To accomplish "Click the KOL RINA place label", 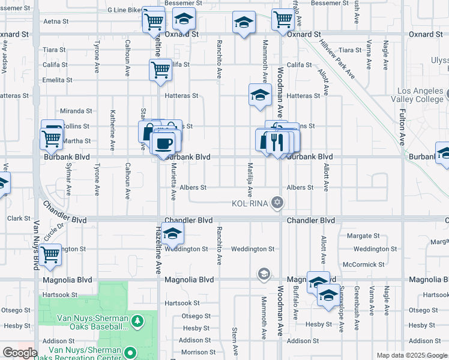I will coord(249,203).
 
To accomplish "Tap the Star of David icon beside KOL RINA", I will coord(277,202).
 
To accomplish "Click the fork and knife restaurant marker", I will coord(277,142).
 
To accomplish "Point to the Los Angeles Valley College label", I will coord(420,95).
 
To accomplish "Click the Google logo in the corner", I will coord(20,353).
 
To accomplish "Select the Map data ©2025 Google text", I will coord(411,355).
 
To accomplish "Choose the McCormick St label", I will coord(363,264).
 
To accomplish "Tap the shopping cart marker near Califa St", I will coord(160,70).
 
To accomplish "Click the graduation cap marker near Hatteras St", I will coord(260,95).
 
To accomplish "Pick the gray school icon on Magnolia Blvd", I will coord(264,275).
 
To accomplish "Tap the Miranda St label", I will coord(76,111).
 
